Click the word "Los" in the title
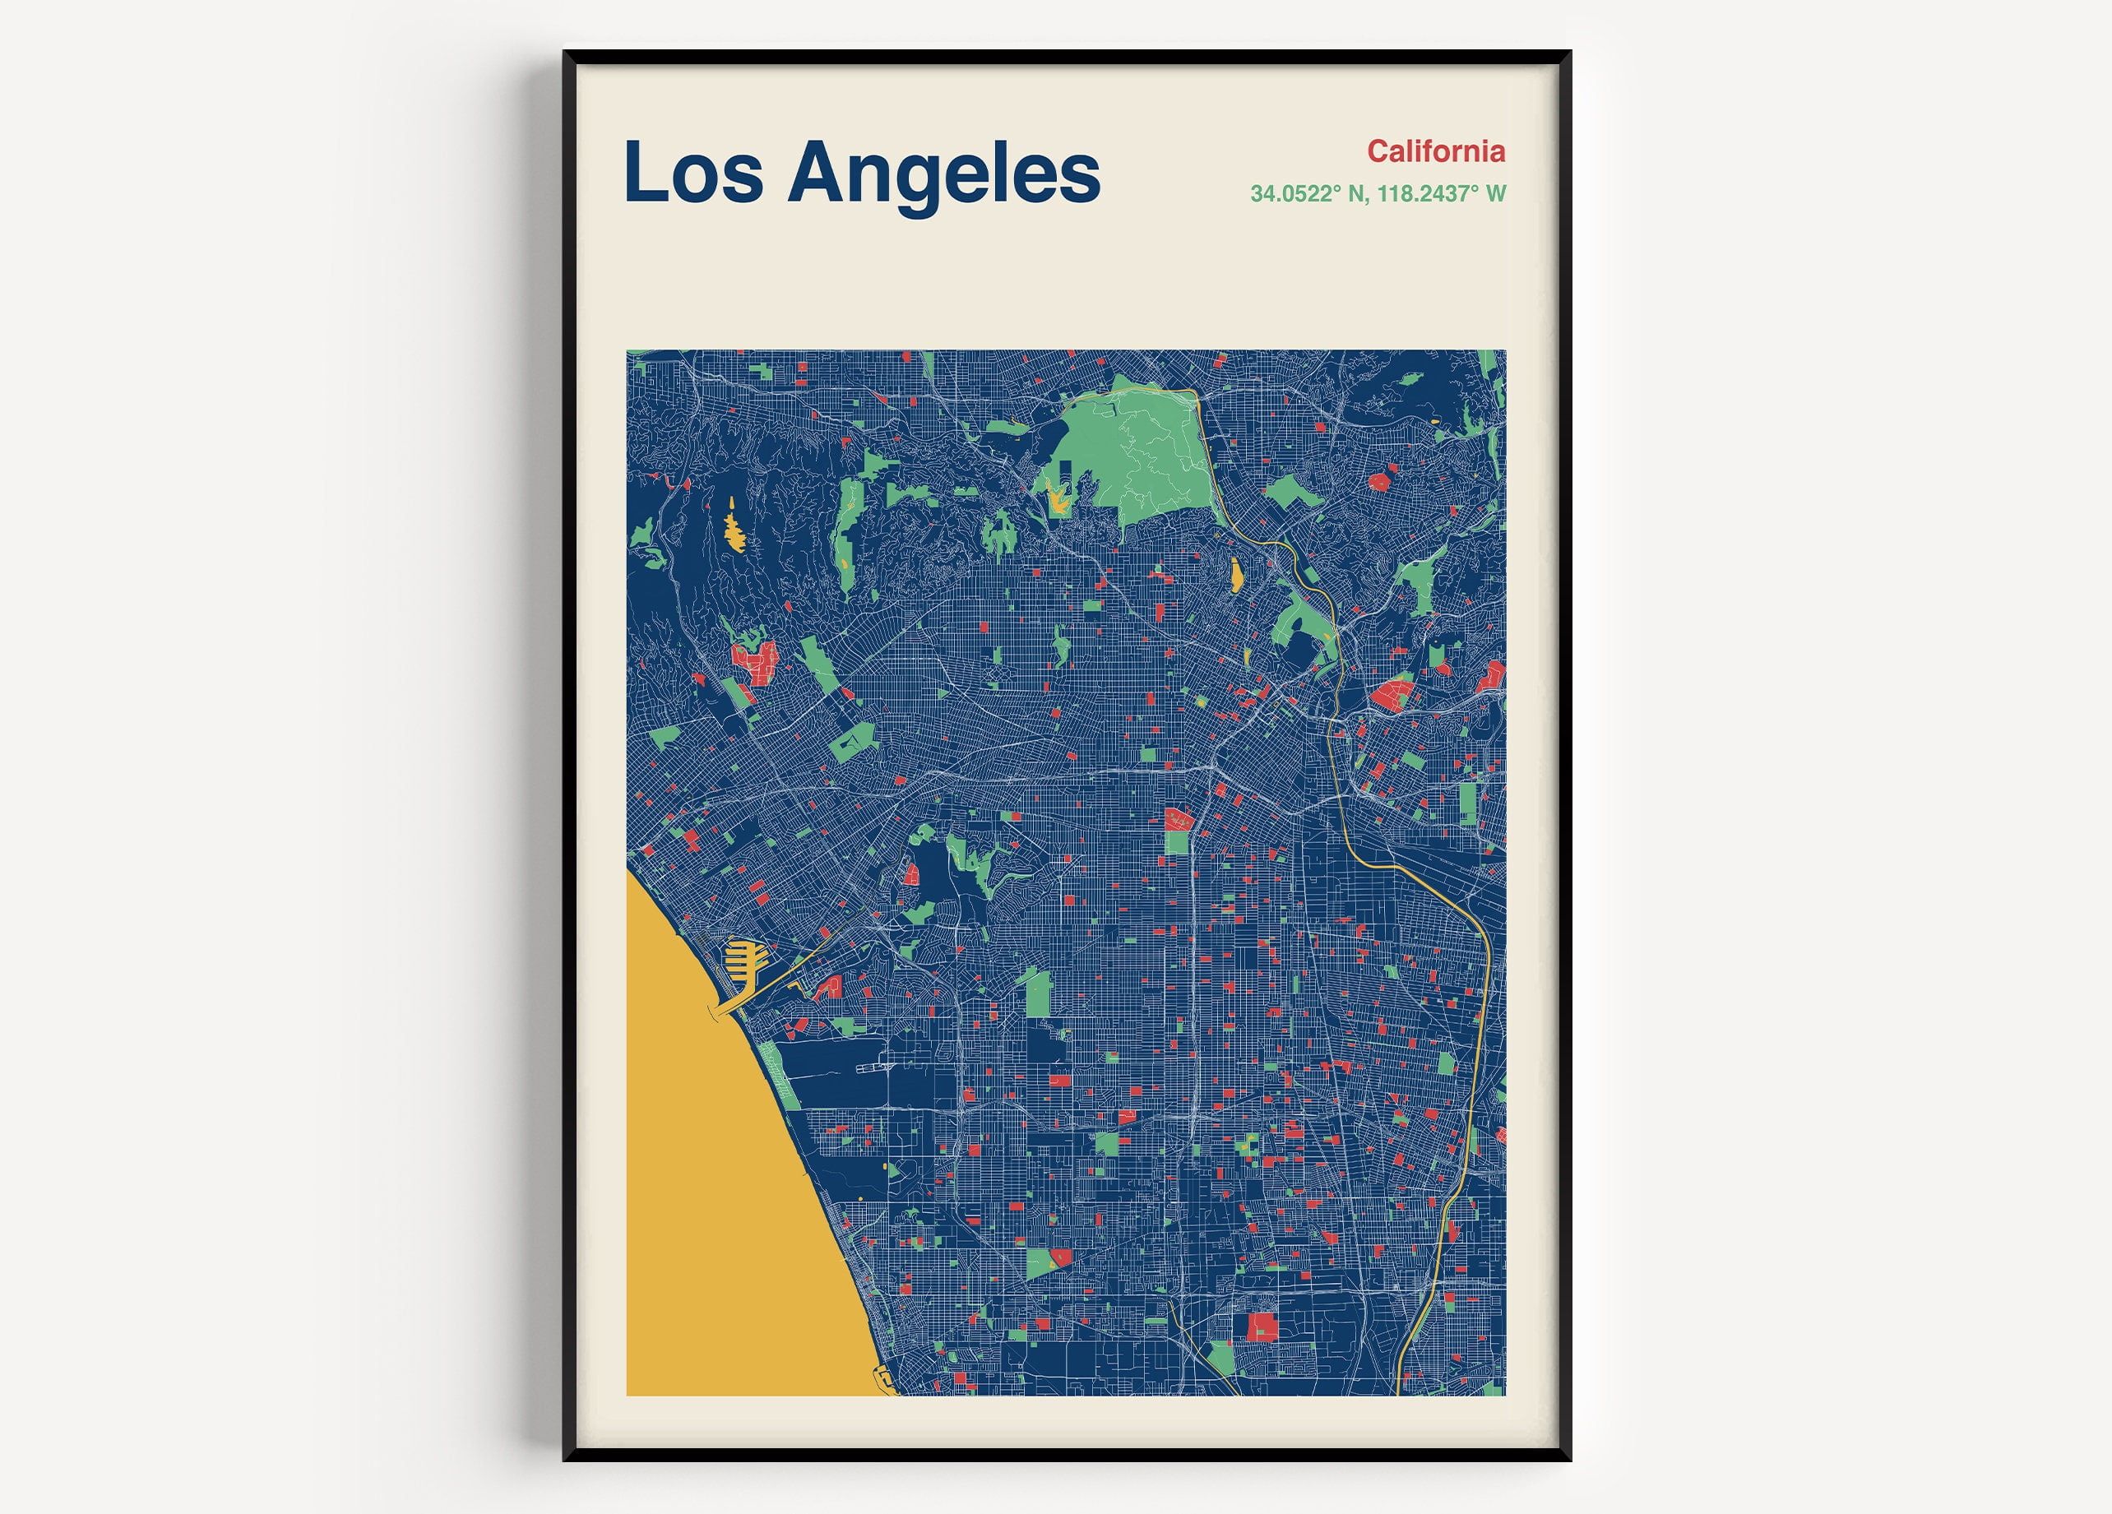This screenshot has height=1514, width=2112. coord(692,174)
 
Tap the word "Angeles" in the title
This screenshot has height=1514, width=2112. coord(943,174)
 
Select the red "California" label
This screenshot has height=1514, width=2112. coord(1436,150)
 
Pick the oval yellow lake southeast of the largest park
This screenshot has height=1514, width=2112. coord(1237,575)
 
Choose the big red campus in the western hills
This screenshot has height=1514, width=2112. coord(756,662)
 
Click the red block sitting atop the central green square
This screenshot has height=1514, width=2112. coord(1179,819)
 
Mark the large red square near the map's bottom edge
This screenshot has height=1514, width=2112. coord(1262,1326)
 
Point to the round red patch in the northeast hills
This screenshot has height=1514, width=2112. coord(1379,481)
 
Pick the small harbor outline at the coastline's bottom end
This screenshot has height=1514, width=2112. coord(882,1378)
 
